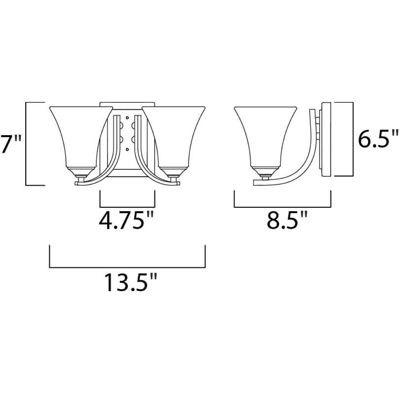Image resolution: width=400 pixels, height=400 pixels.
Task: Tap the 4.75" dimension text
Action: [126, 220]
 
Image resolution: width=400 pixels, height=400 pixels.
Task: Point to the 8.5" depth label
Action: [287, 220]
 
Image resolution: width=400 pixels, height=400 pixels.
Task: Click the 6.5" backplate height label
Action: [378, 138]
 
